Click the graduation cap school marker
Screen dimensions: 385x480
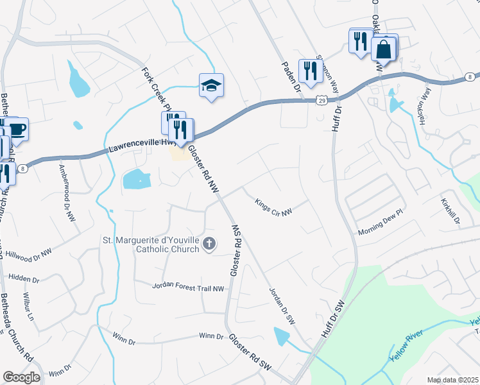click(x=210, y=85)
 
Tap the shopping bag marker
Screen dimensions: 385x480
click(x=384, y=48)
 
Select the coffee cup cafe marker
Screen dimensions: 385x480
click(x=16, y=129)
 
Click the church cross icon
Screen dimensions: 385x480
click(x=209, y=243)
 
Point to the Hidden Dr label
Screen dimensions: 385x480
click(x=23, y=280)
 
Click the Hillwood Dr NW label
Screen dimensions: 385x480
click(x=28, y=254)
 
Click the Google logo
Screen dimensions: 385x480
click(x=21, y=377)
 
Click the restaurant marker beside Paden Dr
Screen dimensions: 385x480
click(x=311, y=70)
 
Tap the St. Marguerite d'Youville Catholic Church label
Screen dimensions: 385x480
click(x=150, y=244)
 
